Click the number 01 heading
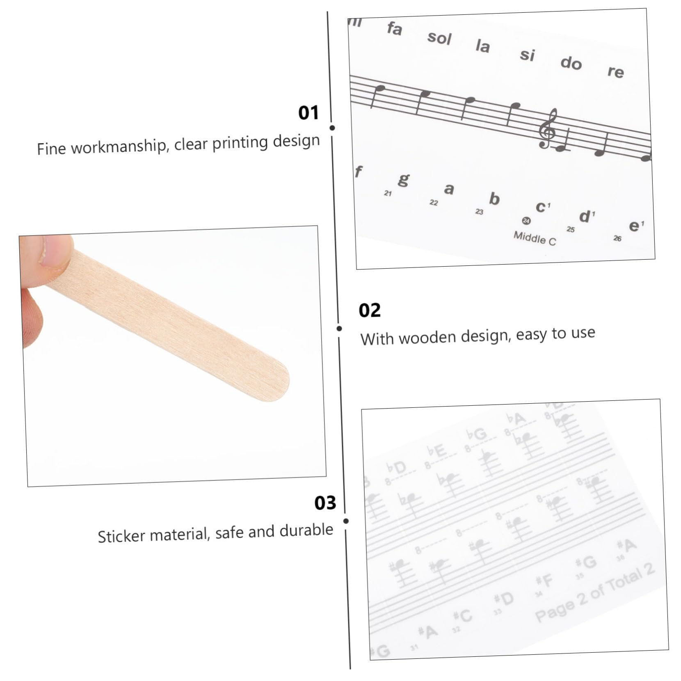click(308, 113)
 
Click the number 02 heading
click(370, 311)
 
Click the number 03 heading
click(325, 503)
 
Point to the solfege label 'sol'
click(439, 38)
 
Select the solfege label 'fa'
click(394, 29)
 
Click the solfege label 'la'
click(483, 46)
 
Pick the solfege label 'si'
click(527, 54)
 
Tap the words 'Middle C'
click(535, 238)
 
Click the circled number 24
click(526, 221)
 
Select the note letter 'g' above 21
click(404, 179)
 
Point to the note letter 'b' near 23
click(494, 199)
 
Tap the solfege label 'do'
click(571, 63)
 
